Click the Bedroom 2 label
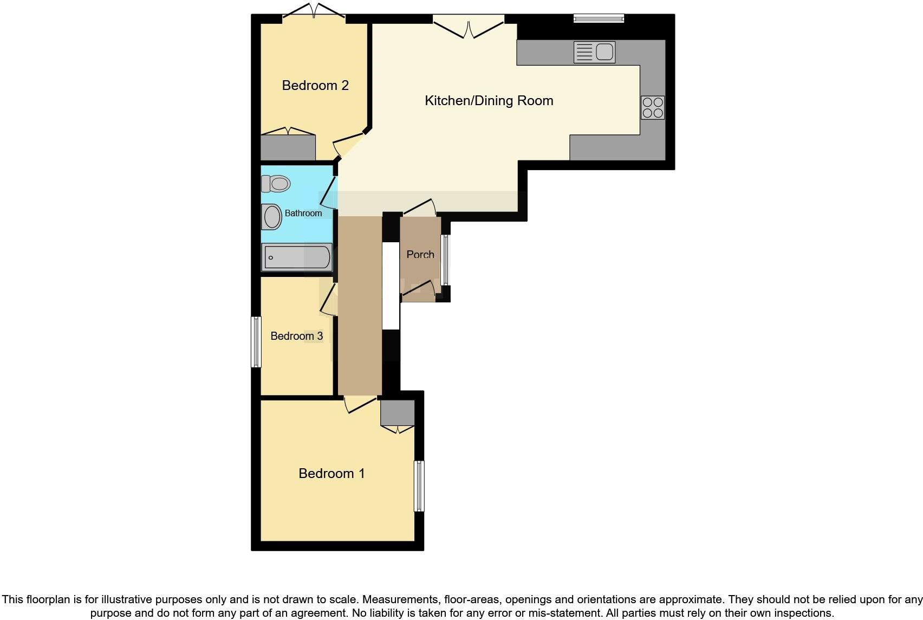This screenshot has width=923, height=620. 315,86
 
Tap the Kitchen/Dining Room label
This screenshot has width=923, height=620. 489,101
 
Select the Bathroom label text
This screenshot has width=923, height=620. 303,214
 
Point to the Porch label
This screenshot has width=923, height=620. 420,254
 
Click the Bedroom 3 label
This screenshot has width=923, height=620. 296,336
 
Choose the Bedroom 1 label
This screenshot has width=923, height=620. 331,474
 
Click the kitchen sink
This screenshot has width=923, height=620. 594,53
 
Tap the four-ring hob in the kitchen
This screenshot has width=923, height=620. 653,107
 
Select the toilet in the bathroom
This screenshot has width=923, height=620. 276,184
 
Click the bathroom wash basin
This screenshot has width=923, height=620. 272,217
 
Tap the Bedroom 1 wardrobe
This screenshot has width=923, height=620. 397,413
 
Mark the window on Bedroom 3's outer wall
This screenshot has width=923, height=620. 256,341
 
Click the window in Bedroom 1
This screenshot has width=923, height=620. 419,486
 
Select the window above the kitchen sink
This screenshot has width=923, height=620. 599,19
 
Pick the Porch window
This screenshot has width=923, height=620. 445,260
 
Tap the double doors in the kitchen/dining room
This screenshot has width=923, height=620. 469,26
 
